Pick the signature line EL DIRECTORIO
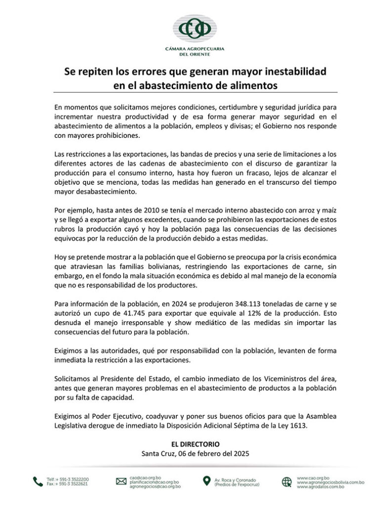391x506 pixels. (x=195, y=444)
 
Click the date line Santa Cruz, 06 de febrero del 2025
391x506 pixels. (x=195, y=454)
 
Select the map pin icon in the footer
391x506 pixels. (x=206, y=481)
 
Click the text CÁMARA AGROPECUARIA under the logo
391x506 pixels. (x=195, y=49)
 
